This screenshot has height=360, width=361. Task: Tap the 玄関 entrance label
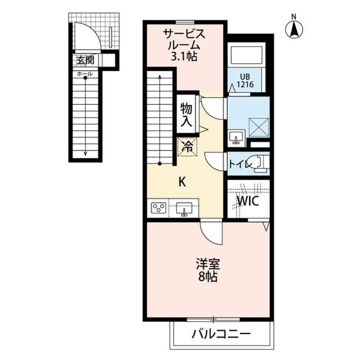coord(85,60)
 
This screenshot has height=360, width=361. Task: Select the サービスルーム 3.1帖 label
coord(184,45)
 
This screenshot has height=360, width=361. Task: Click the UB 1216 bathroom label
coord(245,81)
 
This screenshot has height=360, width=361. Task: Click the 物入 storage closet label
coord(186,115)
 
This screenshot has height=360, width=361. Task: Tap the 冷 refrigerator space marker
coord(187,146)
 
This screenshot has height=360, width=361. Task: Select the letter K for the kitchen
coord(182,183)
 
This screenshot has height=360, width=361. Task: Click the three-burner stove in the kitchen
coord(159,208)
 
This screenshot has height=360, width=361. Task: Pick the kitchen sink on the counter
coord(184,209)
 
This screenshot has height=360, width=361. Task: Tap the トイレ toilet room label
coord(240,165)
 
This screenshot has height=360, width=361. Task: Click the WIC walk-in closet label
coord(248,201)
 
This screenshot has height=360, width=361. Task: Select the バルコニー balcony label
coord(221,334)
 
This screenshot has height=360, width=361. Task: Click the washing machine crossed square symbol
coord(259,127)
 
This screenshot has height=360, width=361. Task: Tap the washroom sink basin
coord(237,137)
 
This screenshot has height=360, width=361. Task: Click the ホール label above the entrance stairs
coord(85,74)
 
